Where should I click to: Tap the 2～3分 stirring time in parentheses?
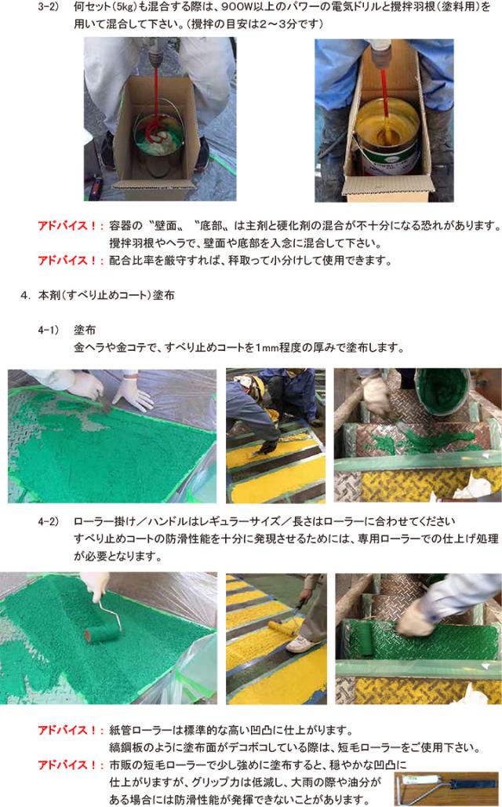(x=284, y=24)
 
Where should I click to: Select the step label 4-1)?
(x=49, y=330)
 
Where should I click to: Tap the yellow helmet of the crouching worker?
(x=254, y=384)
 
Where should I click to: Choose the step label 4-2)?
(x=49, y=521)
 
